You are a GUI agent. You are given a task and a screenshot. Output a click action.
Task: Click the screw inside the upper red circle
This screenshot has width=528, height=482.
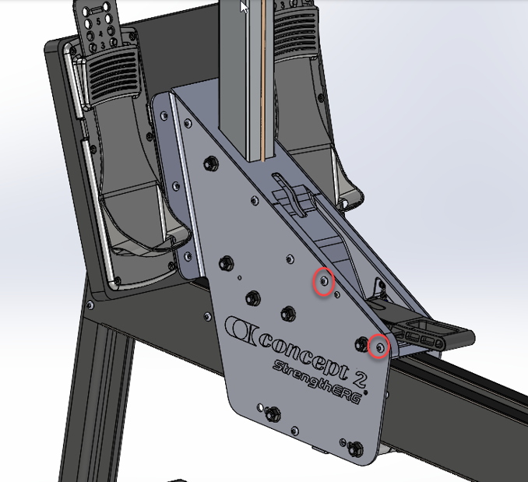pos(324,280)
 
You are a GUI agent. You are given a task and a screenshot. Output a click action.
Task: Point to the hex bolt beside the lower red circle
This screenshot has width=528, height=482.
pos(361,343)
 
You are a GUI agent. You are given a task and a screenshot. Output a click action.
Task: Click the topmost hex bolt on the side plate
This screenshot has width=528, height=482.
pos(211,164)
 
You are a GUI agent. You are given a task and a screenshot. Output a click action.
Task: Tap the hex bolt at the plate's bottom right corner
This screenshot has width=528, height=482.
pos(356,449)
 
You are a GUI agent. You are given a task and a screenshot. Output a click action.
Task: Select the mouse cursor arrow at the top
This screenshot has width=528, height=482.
pos(244,7)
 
